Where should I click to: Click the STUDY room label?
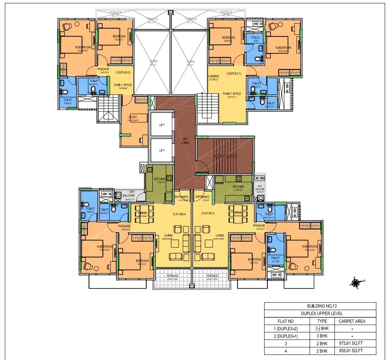(x=133, y=117)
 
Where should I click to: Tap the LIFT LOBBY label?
(x=185, y=141)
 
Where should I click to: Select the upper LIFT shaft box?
(x=162, y=125)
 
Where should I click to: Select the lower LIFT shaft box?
(x=162, y=151)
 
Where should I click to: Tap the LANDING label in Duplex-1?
(x=214, y=76)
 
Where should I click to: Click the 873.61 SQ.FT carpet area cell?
(x=352, y=343)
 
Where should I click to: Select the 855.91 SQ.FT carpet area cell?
(x=352, y=351)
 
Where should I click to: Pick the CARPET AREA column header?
(x=352, y=321)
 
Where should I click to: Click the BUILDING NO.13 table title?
(x=320, y=306)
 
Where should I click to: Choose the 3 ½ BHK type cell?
(x=322, y=329)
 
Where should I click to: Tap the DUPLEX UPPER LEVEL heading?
(x=320, y=314)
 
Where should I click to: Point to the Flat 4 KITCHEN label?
(x=159, y=179)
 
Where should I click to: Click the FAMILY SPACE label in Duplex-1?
(x=232, y=94)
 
